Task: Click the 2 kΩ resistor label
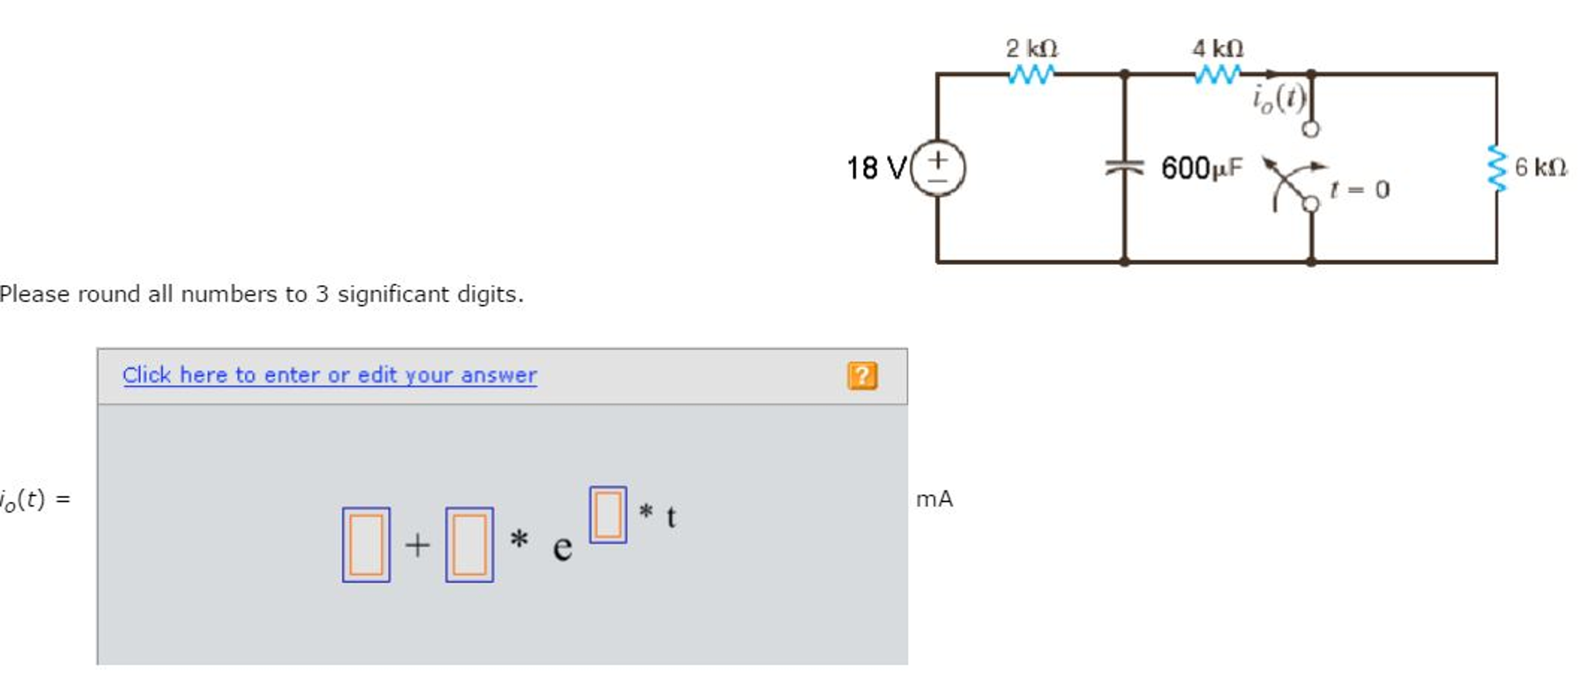1031,49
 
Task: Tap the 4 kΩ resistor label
1217,49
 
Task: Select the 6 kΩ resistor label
1540,167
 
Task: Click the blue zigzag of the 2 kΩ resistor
1031,74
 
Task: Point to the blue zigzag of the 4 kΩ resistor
1217,74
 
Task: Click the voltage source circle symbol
937,167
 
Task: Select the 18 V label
875,168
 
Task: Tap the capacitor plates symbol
1125,167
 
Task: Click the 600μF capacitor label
1201,168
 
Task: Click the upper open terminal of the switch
1311,129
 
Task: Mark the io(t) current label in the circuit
1279,98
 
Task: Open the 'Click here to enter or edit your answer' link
329,375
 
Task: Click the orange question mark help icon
862,376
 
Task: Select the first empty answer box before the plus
366,545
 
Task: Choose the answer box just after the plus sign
469,545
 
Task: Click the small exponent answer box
607,514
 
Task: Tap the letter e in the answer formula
562,548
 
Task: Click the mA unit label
934,499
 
